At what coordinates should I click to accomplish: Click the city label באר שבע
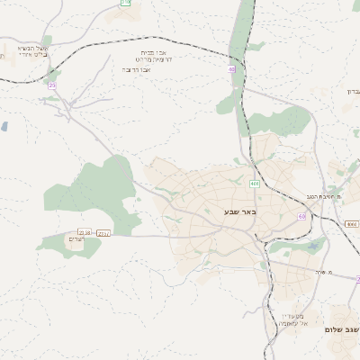tap(240, 212)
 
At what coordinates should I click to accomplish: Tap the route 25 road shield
tap(52, 85)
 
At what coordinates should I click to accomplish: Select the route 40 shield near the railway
tap(232, 68)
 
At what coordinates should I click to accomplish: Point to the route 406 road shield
tap(255, 184)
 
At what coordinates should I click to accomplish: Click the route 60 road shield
tap(301, 217)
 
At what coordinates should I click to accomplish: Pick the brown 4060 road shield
tap(351, 223)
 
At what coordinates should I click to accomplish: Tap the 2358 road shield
tap(85, 232)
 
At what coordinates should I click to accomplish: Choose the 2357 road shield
tap(103, 232)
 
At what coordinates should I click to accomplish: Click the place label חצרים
tap(76, 239)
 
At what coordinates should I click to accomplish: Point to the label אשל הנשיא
tap(33, 48)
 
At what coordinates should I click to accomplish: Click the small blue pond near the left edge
tap(4, 127)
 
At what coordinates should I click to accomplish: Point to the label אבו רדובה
tap(139, 68)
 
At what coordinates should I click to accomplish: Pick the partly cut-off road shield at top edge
tap(125, 4)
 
